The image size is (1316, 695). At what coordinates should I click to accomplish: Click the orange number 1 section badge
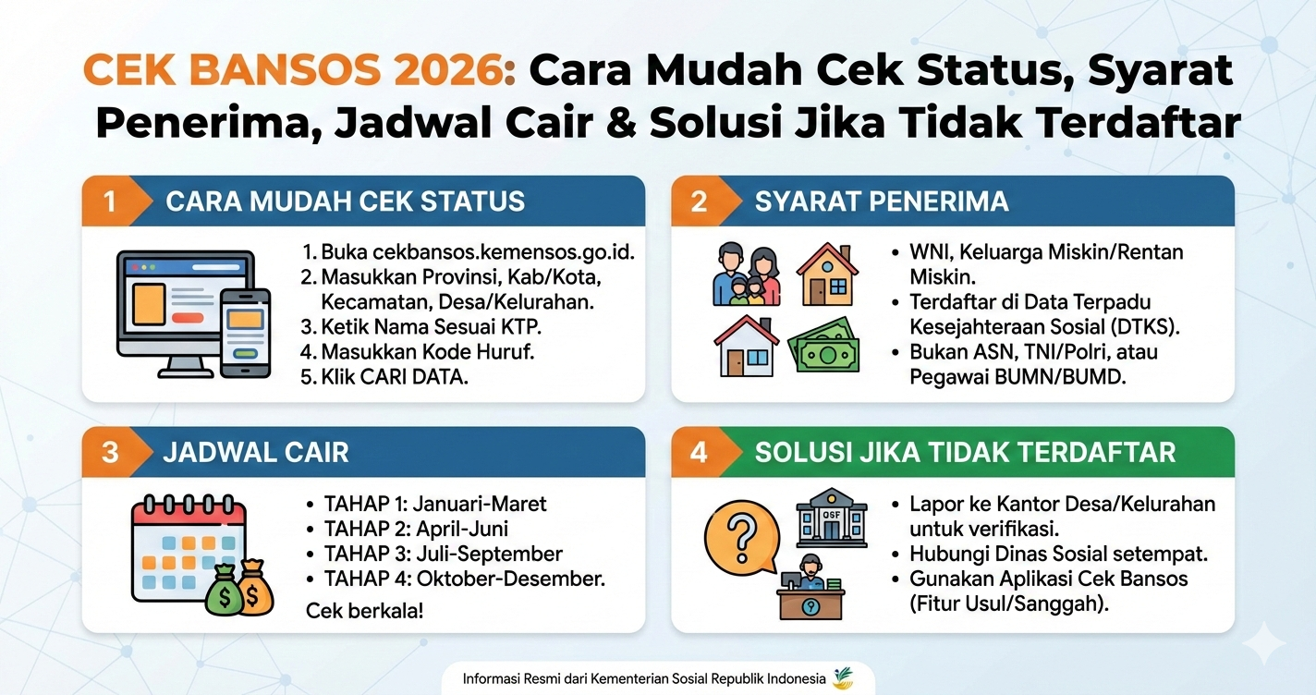(110, 201)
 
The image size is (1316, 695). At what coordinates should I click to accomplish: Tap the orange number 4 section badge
(699, 452)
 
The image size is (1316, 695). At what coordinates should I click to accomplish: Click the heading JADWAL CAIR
(256, 452)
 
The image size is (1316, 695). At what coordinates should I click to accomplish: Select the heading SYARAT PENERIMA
(881, 201)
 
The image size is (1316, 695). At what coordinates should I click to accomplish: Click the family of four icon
(747, 274)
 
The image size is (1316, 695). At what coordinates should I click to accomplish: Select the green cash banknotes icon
(824, 347)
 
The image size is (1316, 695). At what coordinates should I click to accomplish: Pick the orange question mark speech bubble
(739, 537)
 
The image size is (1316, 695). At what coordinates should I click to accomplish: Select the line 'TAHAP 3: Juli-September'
(443, 554)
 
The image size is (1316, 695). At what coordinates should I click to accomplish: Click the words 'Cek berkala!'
(364, 611)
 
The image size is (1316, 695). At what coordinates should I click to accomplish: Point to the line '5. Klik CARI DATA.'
(385, 377)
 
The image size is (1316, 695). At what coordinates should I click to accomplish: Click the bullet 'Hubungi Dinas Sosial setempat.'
(1059, 554)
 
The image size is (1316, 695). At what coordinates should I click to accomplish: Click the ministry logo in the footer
(843, 678)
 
